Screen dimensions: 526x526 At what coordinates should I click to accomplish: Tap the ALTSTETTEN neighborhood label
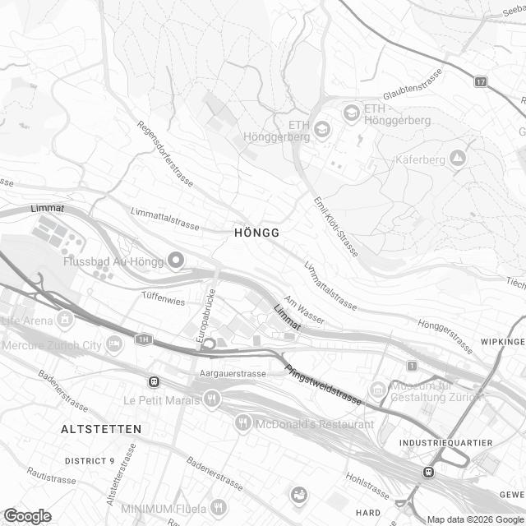tap(101, 429)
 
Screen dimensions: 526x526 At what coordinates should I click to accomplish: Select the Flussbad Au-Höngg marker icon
tap(175, 261)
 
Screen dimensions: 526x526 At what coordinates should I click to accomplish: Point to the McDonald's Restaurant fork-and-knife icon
tap(242, 423)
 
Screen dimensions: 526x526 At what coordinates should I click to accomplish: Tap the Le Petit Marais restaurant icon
tap(212, 399)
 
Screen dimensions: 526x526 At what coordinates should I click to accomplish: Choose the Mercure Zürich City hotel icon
tap(114, 344)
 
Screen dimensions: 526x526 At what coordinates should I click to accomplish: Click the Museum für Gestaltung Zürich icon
tap(377, 388)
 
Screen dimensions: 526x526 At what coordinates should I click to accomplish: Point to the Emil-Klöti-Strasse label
tap(336, 227)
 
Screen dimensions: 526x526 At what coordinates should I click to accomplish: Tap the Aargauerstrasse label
tap(233, 373)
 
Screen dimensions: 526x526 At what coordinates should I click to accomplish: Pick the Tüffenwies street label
tap(163, 301)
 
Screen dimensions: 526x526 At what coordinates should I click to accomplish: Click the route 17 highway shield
tap(481, 81)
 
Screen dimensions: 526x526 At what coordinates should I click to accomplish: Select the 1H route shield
tap(145, 339)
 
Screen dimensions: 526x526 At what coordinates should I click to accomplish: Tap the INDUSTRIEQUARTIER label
tap(445, 443)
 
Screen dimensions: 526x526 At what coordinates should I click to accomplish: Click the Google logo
tap(26, 515)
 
